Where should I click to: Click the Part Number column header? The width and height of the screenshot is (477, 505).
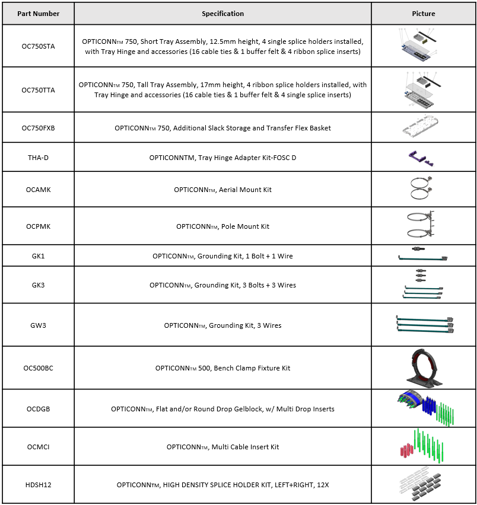pos(38,14)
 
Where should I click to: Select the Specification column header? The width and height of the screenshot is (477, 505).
pos(222,14)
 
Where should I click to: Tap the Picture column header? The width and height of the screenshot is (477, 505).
pos(423,14)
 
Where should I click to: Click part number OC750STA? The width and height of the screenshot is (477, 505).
pos(38,46)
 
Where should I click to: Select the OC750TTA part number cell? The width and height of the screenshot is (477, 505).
pos(38,90)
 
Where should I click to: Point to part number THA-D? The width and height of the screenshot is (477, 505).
pos(38,158)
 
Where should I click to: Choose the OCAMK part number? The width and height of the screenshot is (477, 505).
pos(38,190)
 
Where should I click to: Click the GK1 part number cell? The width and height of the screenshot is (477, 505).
pos(38,256)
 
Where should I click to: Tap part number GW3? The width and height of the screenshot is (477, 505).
pos(38,325)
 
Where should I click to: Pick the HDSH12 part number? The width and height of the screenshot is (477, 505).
pos(38,485)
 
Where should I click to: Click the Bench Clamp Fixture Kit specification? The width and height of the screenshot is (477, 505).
pos(222,368)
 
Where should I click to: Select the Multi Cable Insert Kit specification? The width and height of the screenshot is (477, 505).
pos(222,447)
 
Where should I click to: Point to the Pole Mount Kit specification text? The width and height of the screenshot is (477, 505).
pos(222,226)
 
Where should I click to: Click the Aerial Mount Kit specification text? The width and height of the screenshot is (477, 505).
pos(222,190)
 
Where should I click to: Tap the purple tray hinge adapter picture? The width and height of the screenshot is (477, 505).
pos(422,158)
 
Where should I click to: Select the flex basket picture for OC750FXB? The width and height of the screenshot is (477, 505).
pos(423,127)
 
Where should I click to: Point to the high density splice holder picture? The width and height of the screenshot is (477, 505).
pos(424,484)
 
